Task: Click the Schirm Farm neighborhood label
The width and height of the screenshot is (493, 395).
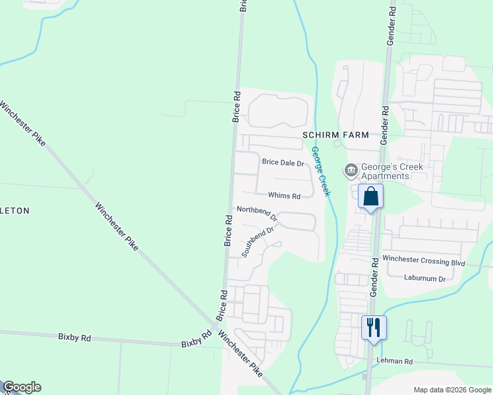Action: pos(333,134)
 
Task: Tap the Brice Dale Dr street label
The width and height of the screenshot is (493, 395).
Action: pos(283,162)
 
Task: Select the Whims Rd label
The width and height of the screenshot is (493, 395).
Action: pos(284,196)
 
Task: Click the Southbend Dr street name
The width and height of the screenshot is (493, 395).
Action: pos(257,242)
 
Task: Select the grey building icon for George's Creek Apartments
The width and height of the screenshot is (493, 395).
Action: pos(351,171)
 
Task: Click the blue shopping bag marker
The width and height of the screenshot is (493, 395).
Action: pos(370,197)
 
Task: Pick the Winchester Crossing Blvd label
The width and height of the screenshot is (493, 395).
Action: pos(424,261)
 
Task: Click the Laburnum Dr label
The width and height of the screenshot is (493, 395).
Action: pos(425,278)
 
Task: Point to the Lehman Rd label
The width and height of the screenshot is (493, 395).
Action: pos(394,361)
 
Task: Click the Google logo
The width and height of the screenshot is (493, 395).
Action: pos(22,387)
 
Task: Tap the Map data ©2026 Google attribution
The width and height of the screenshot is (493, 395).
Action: pos(451,390)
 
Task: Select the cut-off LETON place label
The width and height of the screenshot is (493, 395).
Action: pos(14,211)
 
